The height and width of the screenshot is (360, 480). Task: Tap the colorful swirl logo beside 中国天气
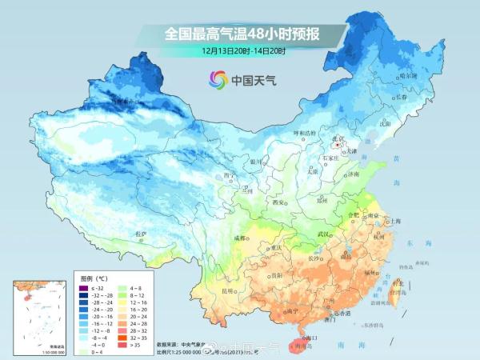(218, 79)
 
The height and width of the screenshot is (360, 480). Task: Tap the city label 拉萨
(142, 234)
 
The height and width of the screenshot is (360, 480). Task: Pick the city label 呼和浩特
(302, 132)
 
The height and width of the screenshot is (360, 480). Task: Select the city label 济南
(354, 174)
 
